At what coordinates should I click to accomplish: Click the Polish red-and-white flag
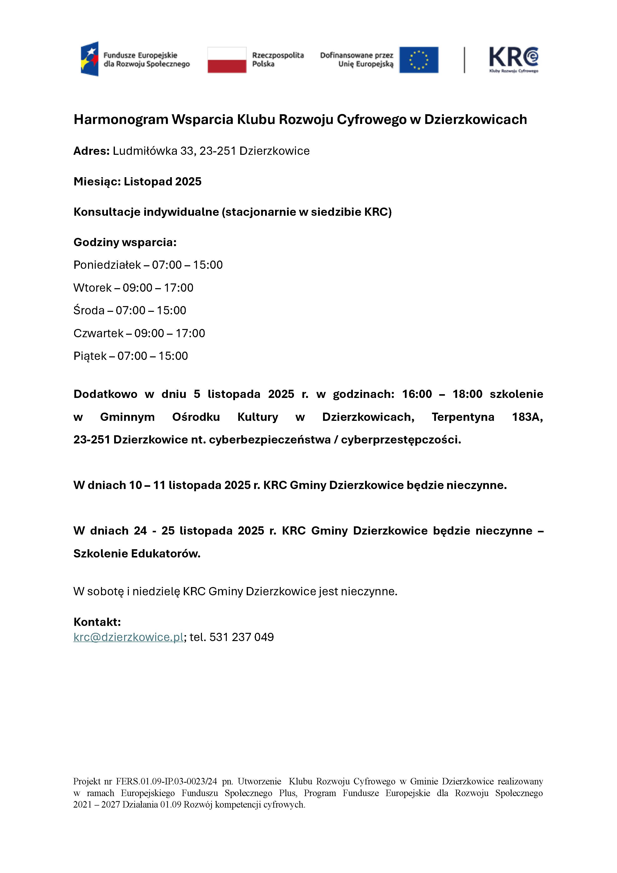[x=227, y=60]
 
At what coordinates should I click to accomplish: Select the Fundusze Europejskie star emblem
[x=90, y=59]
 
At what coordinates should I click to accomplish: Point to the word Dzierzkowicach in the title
[x=475, y=119]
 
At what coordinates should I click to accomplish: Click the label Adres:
[x=92, y=151]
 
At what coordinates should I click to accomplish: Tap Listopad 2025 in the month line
[x=163, y=181]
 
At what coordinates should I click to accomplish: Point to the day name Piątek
[x=90, y=356]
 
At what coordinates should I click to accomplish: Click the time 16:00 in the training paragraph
[x=417, y=394]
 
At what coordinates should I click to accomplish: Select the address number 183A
[x=527, y=417]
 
